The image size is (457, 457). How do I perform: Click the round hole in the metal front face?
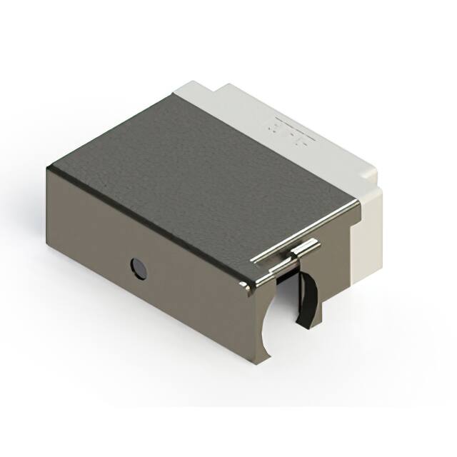pyautogui.click(x=138, y=268)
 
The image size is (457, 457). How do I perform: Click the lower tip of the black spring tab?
pyautogui.click(x=303, y=325)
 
